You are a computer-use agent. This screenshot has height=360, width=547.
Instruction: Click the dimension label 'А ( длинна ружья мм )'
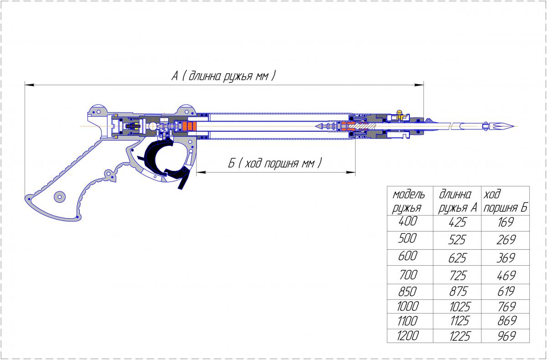pos(223,76)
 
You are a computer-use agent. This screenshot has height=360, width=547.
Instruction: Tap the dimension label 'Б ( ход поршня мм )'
pos(275,163)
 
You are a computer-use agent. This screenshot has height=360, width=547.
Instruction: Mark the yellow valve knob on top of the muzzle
pos(399,113)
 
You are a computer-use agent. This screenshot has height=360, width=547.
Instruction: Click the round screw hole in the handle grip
pos(60,196)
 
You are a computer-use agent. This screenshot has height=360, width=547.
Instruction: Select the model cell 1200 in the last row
pos(408,335)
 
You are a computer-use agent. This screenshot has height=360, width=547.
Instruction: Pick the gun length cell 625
pos(457,258)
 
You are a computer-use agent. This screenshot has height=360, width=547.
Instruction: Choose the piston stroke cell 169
pos(506,222)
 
